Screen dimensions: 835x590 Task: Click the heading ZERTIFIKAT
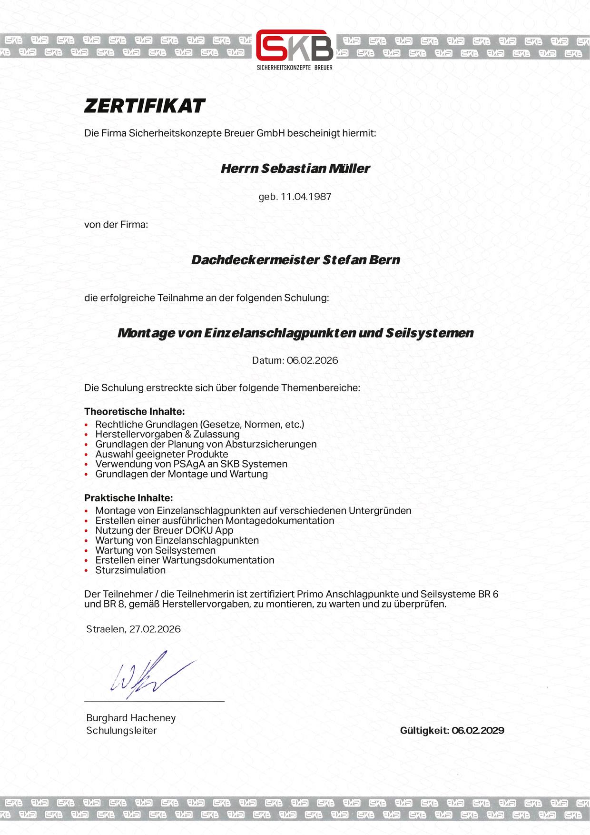pyautogui.click(x=145, y=106)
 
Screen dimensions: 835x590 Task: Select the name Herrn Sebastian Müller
pyautogui.click(x=295, y=169)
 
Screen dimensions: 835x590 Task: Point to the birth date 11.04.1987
pyautogui.click(x=306, y=197)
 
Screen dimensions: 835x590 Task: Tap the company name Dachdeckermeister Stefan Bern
pyautogui.click(x=295, y=260)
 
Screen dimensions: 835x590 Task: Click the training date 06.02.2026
pyautogui.click(x=312, y=360)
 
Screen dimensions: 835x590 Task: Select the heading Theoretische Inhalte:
pyautogui.click(x=134, y=411)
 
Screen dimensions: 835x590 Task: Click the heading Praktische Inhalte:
pyautogui.click(x=128, y=498)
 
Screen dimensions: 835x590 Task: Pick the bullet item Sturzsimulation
pyautogui.click(x=130, y=570)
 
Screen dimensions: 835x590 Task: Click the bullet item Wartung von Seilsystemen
pyautogui.click(x=155, y=550)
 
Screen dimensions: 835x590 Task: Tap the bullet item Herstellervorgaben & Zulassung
pyautogui.click(x=167, y=434)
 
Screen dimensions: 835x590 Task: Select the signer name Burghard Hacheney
pyautogui.click(x=131, y=718)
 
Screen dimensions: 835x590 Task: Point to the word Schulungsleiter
pyautogui.click(x=121, y=730)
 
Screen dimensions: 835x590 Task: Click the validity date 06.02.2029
pyautogui.click(x=478, y=730)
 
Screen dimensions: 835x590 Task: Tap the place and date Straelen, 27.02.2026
pyautogui.click(x=133, y=629)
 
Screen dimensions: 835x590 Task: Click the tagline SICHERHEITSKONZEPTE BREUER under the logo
pyautogui.click(x=295, y=68)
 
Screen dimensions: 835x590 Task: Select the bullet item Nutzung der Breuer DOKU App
pyautogui.click(x=164, y=530)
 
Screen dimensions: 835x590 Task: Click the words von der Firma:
pyautogui.click(x=116, y=224)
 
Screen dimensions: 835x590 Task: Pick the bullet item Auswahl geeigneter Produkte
pyautogui.click(x=162, y=454)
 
